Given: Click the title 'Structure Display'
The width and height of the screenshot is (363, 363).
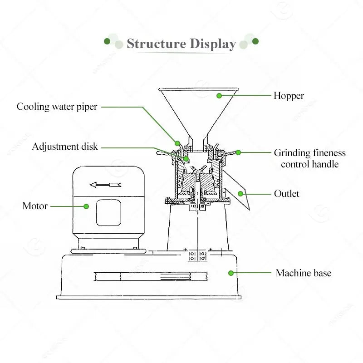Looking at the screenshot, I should pos(181,44).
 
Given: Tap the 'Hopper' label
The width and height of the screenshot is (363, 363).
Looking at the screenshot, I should pos(289,96).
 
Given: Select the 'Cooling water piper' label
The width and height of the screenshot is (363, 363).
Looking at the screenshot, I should pos(57,107).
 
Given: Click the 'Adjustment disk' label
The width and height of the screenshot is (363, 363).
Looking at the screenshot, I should pos(65,147).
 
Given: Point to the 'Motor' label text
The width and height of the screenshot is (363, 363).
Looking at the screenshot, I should pos(35,206).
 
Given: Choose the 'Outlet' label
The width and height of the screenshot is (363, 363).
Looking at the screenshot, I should pos(287,194).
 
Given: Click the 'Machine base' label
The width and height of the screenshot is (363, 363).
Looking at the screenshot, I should pos(304,273).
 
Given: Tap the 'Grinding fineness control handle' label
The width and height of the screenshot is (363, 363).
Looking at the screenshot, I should pos(309,158).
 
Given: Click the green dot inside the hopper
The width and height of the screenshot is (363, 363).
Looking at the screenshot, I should pos(219,96).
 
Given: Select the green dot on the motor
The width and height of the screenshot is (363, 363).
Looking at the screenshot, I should pos(86,206).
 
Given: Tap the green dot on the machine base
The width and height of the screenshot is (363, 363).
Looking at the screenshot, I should pos(231,273).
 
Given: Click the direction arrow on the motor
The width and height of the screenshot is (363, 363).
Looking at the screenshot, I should pos(105,185).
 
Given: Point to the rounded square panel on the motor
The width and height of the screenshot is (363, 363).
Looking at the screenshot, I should pos(108,213).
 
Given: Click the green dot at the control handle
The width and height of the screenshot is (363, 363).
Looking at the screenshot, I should pos(238,152).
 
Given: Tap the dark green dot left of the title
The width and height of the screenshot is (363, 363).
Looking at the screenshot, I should pos(107,41).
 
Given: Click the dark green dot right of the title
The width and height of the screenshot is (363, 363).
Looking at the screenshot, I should pos(255,41).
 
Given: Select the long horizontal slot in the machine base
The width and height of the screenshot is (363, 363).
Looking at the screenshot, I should pos(150,275).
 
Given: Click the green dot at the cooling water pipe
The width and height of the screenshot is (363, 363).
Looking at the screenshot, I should pos(178,143).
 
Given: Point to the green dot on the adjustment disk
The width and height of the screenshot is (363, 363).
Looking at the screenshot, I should pos(186,158).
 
